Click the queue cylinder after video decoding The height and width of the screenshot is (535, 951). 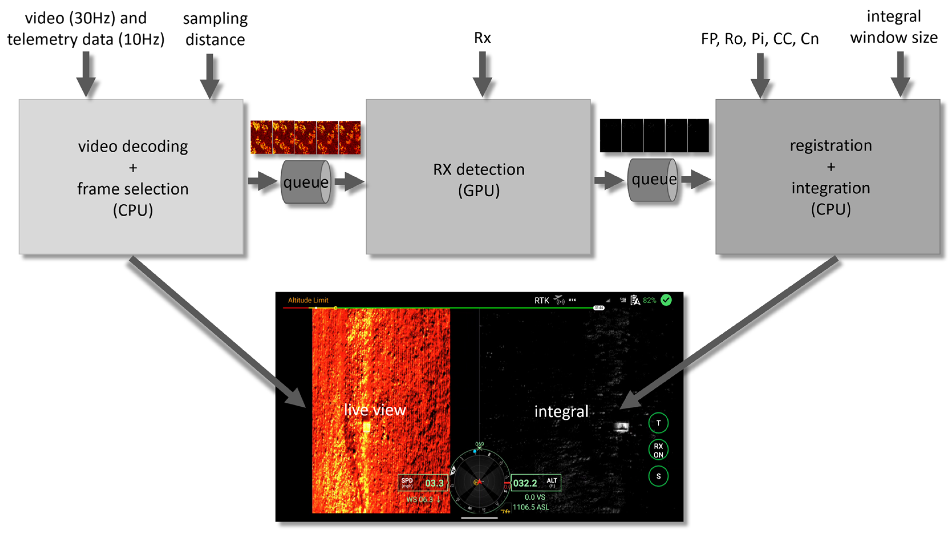[306, 182]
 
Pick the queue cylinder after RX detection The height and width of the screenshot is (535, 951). [653, 180]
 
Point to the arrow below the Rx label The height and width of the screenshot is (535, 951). [482, 74]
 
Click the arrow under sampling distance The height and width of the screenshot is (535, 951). [210, 76]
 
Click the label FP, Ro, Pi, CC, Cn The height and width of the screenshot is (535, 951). [759, 39]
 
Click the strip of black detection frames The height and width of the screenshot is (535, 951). [654, 135]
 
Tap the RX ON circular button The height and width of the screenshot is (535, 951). [658, 450]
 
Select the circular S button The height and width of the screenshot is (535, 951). [658, 476]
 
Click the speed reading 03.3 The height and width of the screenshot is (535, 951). [434, 483]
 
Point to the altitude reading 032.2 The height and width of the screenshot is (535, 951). [525, 483]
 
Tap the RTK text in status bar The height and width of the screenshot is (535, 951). [542, 301]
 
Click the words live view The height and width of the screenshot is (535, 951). [374, 410]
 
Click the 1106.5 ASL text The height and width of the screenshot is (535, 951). [531, 507]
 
